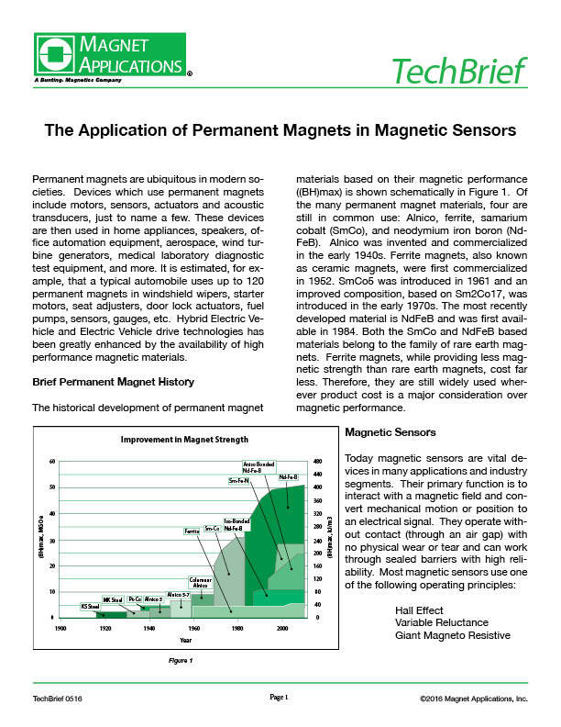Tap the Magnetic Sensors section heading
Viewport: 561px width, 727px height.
click(383, 431)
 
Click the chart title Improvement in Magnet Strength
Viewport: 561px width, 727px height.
click(185, 440)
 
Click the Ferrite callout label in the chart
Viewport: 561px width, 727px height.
click(192, 531)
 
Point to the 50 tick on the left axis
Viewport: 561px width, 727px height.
click(52, 487)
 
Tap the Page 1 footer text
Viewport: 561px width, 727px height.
click(280, 698)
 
